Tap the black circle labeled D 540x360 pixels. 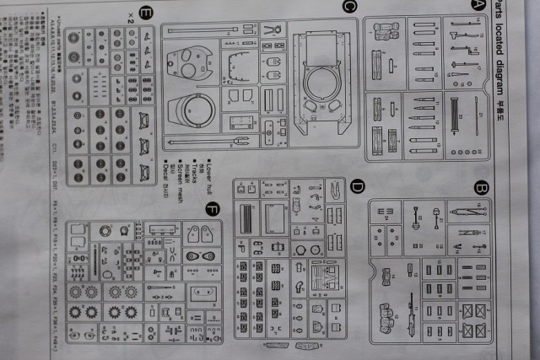[x=357, y=186]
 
